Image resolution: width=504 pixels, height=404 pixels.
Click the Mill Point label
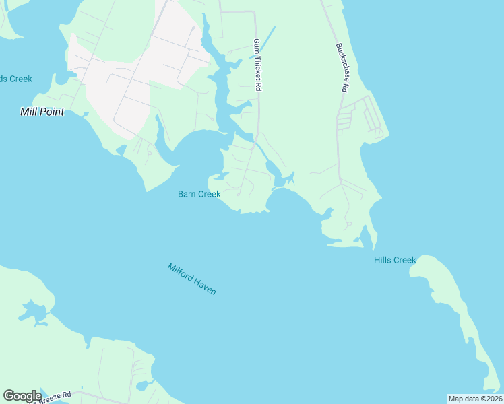point(42,112)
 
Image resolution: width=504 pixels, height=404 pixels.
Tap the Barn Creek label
point(199,194)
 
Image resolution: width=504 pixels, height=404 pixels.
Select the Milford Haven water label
point(192,279)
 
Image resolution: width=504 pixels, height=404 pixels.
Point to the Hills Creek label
point(395,260)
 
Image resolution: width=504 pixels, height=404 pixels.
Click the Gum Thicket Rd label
point(257,65)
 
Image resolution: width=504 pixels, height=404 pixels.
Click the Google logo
point(22,396)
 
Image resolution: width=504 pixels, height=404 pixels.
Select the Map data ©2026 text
point(474,399)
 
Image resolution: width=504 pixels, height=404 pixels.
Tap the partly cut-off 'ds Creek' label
point(15,79)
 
